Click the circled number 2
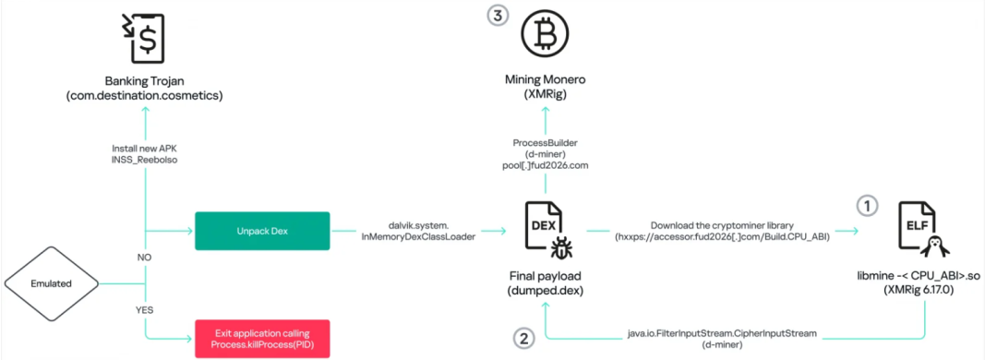click(523, 337)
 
